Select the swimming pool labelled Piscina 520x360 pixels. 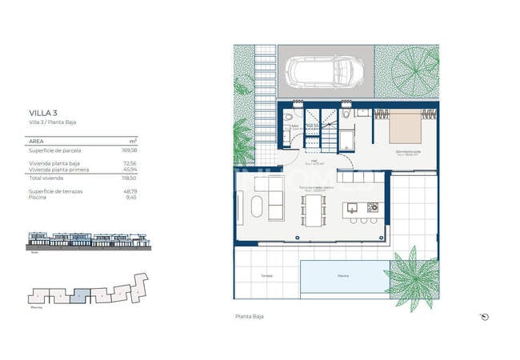[x=342, y=275]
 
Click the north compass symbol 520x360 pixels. [x=485, y=317]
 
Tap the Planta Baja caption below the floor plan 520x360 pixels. [x=249, y=317]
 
